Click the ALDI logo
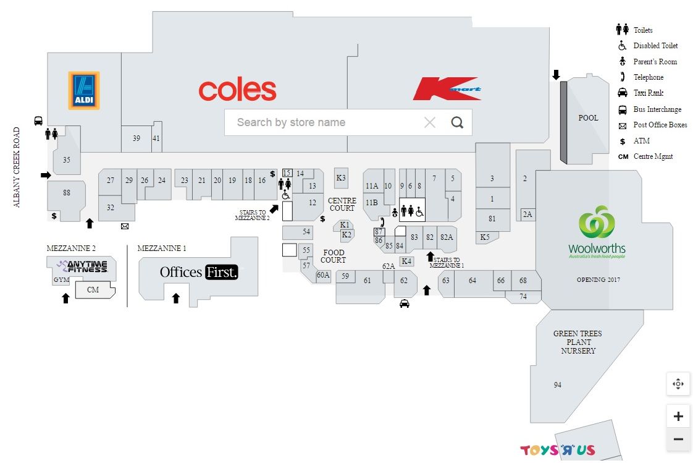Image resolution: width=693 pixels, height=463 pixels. click(84, 91)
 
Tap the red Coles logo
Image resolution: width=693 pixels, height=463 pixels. click(237, 90)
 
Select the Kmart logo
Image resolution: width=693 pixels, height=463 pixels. click(447, 88)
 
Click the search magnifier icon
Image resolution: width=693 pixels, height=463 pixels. click(457, 122)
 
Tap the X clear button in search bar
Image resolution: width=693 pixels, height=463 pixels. click(430, 122)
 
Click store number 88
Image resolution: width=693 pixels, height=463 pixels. click(67, 193)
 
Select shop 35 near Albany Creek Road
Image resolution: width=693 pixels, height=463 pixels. click(67, 160)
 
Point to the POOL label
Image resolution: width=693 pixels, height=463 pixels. click(588, 118)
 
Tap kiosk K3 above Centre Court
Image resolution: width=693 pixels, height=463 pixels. click(341, 178)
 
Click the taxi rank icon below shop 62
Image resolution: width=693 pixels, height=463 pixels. click(405, 304)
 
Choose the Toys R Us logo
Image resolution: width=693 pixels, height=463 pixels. click(558, 450)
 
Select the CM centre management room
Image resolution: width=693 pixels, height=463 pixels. click(93, 289)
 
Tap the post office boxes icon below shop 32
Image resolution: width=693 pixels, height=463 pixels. click(125, 226)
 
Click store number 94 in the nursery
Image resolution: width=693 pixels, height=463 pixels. click(558, 385)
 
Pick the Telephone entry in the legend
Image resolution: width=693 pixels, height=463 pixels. click(648, 77)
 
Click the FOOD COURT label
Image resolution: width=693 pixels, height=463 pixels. click(334, 256)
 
